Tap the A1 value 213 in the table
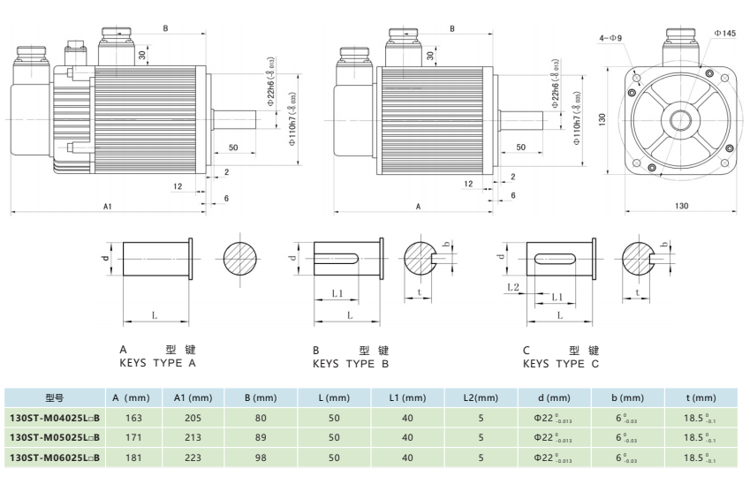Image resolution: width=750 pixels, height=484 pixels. point(193,437)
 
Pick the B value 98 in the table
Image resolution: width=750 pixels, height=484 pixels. point(260,458)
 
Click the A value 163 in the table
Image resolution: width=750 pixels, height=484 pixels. point(133,418)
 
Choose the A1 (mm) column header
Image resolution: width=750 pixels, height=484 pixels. point(193,397)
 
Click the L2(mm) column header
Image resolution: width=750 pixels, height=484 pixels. point(481,397)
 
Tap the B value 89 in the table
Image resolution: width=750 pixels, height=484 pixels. point(260,437)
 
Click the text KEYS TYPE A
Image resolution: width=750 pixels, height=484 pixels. point(157,363)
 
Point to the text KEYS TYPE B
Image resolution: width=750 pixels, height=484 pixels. point(351,363)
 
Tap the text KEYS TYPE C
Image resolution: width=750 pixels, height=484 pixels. point(561,363)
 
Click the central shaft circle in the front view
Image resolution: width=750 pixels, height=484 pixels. point(681,118)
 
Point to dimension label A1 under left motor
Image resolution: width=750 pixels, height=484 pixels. point(108,206)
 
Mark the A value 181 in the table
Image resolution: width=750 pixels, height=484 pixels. point(133,458)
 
